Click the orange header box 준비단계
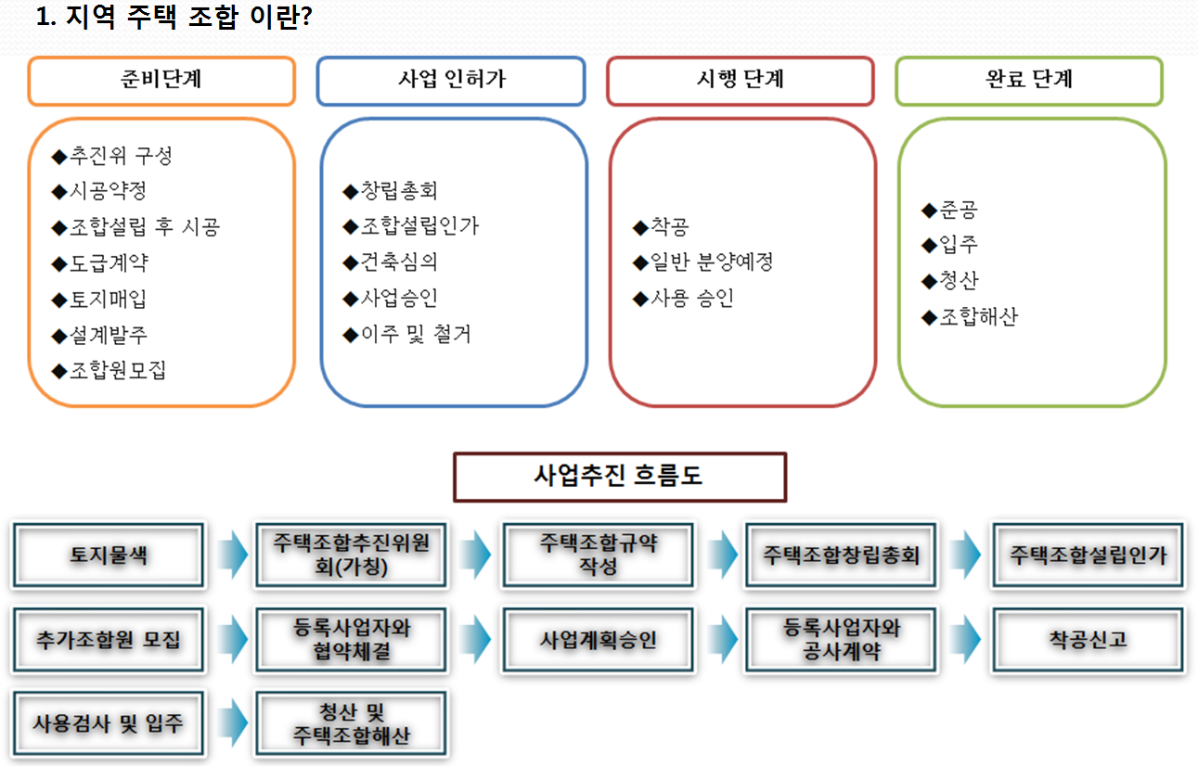[x=161, y=81]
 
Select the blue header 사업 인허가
[x=451, y=81]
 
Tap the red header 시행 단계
[x=741, y=81]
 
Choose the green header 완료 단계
[x=1029, y=81]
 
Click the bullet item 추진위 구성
[x=111, y=156]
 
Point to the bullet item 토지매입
[x=99, y=299]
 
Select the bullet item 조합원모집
[x=109, y=370]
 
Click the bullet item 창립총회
[x=390, y=190]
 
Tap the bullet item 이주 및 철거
[x=406, y=334]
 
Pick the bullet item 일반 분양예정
[x=702, y=262]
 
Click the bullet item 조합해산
[x=970, y=316]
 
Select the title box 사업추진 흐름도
[x=620, y=477]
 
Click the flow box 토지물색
[x=109, y=555]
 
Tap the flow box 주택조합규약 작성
[x=598, y=555]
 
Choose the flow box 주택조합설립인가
[x=1088, y=555]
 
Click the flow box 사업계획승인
[x=598, y=639]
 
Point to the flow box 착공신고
[x=1088, y=639]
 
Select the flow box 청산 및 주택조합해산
[x=352, y=723]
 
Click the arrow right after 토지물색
[x=233, y=555]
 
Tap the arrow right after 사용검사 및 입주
[x=233, y=723]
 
